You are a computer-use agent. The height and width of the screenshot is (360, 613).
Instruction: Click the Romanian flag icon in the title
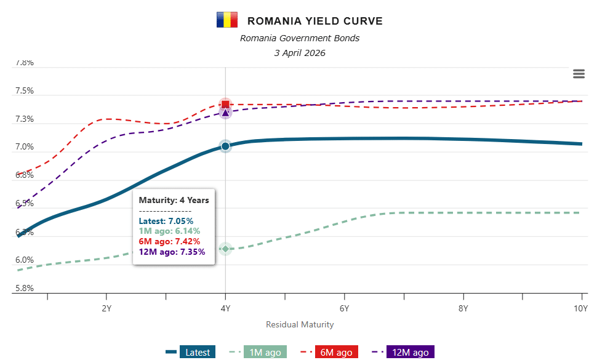[x=226, y=20]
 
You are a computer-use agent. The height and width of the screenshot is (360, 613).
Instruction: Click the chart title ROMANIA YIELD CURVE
[x=315, y=21]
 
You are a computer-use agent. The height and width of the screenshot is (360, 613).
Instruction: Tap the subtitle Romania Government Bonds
[x=300, y=38]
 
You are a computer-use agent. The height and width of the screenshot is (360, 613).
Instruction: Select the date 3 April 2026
[x=300, y=53]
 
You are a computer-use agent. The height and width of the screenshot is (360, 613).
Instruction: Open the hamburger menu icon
[x=579, y=74]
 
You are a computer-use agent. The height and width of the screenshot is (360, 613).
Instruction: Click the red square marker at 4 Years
[x=225, y=104]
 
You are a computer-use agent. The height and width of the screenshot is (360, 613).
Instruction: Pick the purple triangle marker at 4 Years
[x=225, y=113]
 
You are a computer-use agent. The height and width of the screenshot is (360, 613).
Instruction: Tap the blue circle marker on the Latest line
[x=225, y=146]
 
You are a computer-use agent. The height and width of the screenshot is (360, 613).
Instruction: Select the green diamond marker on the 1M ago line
[x=225, y=249]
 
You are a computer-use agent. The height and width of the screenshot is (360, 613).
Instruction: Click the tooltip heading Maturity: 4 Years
[x=174, y=200]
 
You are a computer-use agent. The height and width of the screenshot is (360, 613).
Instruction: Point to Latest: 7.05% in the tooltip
[x=166, y=220]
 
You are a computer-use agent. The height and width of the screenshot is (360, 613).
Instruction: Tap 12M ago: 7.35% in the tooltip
[x=172, y=252]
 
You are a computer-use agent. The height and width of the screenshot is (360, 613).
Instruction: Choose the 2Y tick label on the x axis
[x=106, y=308]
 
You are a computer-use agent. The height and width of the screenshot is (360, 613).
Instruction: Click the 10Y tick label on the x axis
[x=581, y=308]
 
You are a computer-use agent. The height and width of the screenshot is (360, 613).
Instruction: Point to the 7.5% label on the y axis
[x=25, y=91]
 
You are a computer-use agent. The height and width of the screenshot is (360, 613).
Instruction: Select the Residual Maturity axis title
[x=300, y=324]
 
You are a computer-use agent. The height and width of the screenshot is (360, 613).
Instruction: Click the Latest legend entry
[x=198, y=353]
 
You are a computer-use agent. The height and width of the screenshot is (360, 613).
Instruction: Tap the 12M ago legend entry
[x=410, y=353]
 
